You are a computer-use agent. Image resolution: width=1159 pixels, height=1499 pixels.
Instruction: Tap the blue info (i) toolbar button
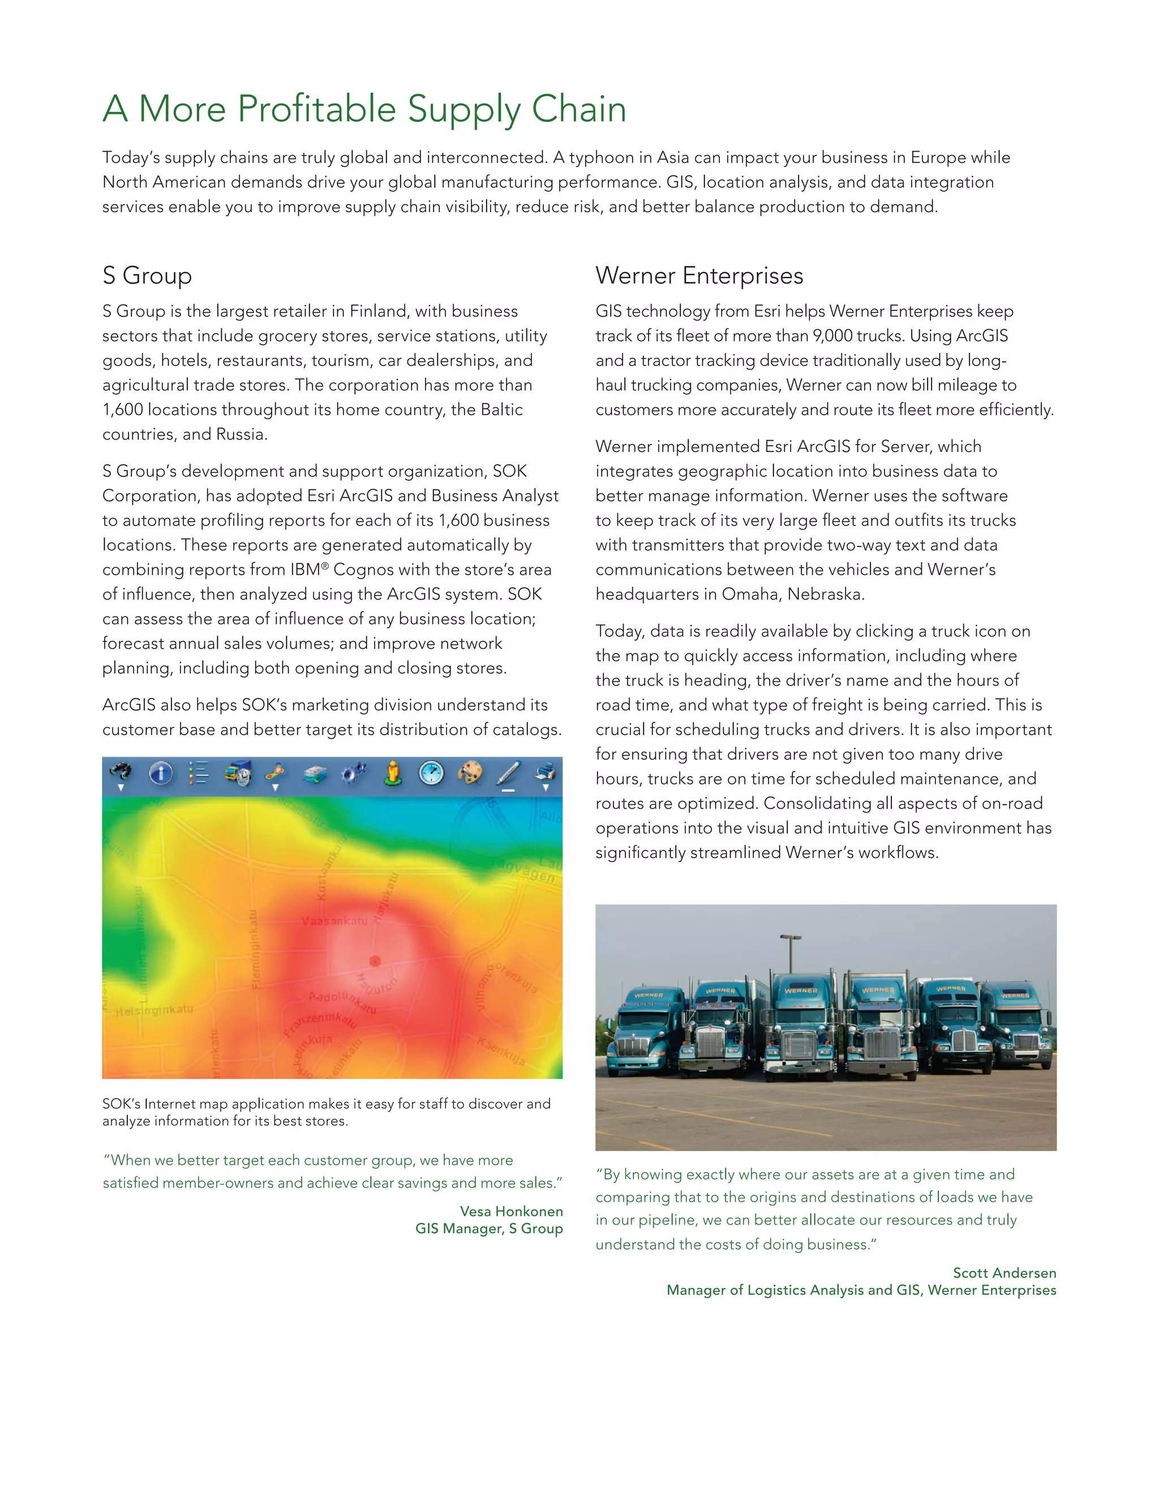[161, 773]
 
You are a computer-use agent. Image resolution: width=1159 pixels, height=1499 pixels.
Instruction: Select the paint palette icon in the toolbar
[470, 773]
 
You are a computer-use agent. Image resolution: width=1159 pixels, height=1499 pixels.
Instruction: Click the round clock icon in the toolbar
[431, 773]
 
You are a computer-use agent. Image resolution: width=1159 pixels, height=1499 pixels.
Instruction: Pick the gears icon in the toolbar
[354, 773]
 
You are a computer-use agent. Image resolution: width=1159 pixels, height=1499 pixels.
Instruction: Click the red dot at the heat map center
[375, 960]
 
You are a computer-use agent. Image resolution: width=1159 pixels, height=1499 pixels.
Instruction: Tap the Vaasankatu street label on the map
[334, 921]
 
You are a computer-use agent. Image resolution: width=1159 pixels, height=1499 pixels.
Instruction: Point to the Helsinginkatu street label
[154, 1010]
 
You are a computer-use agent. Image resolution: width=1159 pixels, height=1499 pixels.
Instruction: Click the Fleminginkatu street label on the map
[255, 949]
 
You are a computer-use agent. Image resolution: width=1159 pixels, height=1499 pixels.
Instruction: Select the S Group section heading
[147, 275]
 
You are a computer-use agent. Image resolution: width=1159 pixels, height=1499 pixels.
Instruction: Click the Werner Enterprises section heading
[699, 275]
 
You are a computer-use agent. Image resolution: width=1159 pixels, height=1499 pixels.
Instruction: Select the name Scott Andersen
[1004, 1273]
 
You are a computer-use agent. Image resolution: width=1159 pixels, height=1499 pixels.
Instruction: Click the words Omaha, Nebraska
[792, 594]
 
